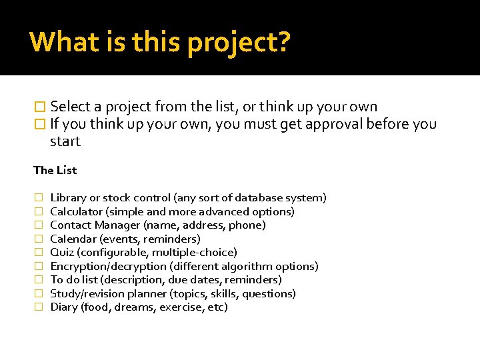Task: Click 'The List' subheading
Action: click(x=55, y=170)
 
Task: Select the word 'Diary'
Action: click(x=64, y=307)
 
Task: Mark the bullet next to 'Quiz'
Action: click(x=37, y=253)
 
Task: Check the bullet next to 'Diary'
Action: click(x=37, y=307)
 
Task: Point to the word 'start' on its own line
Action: click(x=65, y=141)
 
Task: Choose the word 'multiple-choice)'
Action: click(x=195, y=253)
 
